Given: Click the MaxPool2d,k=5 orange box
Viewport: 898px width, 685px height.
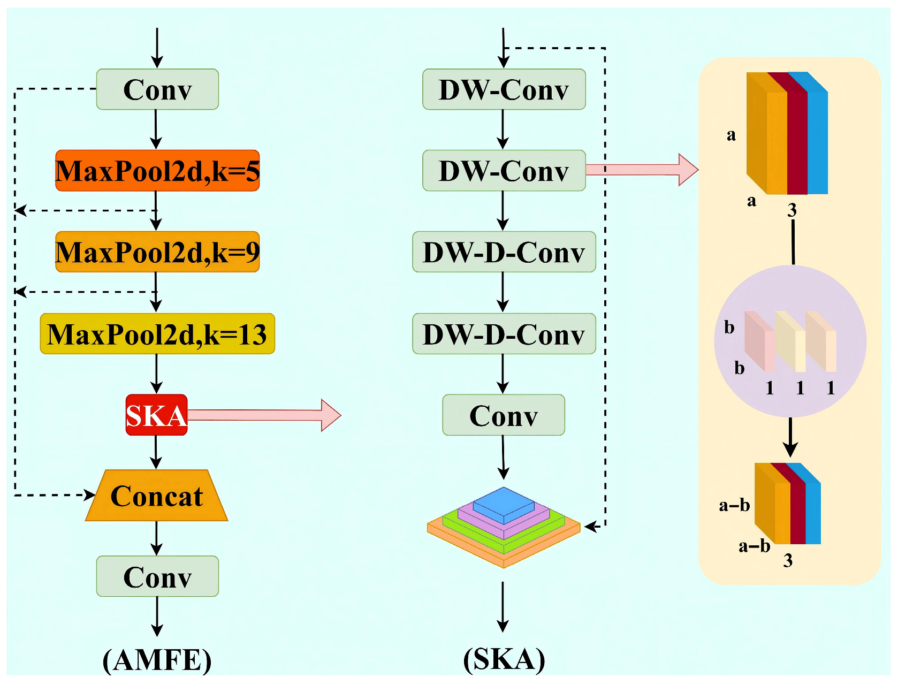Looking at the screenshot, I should coord(157,171).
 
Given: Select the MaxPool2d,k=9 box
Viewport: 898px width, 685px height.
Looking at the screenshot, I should coord(157,252).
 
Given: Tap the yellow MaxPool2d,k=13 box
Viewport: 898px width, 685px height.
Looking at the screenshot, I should coord(157,334).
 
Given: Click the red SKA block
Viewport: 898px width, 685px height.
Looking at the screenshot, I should coord(156,415).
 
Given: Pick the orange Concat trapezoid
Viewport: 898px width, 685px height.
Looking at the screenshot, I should coord(156,496).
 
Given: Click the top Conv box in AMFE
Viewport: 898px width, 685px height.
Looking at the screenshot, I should coord(157,89).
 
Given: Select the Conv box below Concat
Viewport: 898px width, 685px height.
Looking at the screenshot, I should coord(157,576).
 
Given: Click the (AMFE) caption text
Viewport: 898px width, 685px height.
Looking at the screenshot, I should coord(157,659).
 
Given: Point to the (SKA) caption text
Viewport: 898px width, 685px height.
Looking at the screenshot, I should coord(504,659).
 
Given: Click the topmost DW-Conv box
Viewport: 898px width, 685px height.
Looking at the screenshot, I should coord(504,89).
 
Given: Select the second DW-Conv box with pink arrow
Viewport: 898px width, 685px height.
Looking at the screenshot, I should coord(504,171).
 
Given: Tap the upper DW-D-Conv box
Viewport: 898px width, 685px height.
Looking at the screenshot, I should coord(504,252).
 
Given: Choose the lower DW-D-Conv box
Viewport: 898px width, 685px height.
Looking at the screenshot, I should coord(504,334).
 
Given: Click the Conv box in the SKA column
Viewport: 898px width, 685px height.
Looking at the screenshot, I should coord(503,415).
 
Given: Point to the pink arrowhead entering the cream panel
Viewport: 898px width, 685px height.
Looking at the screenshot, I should coord(688,170).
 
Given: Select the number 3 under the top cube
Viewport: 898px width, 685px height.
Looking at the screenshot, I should coord(792,210).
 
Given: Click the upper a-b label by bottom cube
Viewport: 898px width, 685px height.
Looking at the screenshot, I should coord(734,505).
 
